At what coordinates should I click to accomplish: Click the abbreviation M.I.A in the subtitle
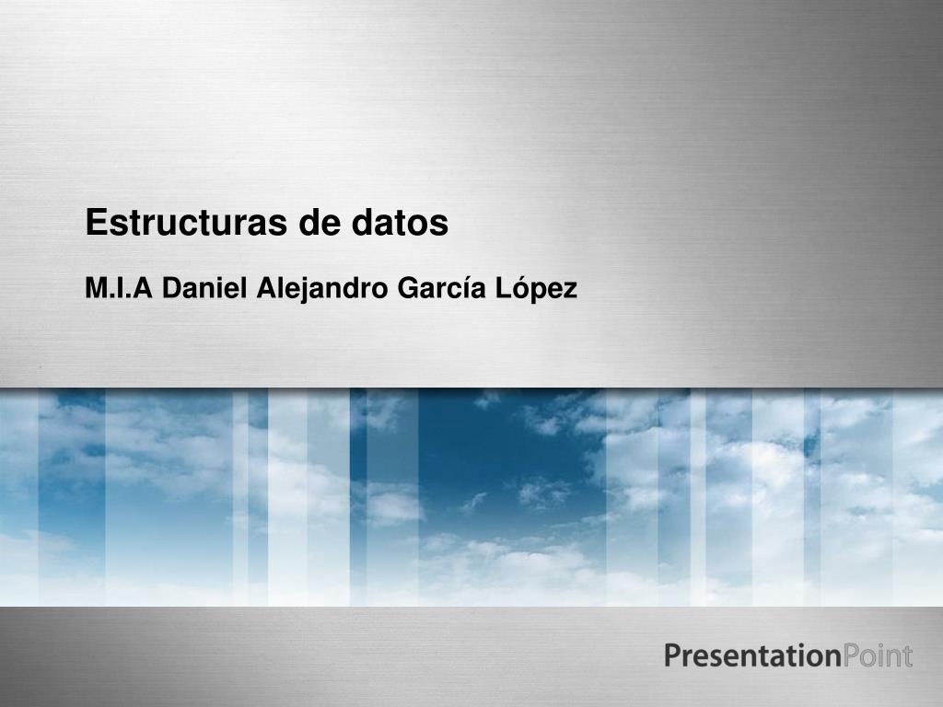pos(118,289)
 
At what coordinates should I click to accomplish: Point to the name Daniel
pos(204,289)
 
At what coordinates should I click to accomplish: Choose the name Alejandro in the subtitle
pos(322,289)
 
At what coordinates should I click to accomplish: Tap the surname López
pos(537,289)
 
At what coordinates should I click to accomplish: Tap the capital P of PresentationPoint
pos(673,656)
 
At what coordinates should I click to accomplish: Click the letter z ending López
pos(570,291)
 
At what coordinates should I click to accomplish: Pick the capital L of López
pos(503,289)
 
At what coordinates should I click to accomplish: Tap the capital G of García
pos(406,289)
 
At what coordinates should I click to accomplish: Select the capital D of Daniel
pos(172,289)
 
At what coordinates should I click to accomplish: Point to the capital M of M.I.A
pos(95,289)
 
